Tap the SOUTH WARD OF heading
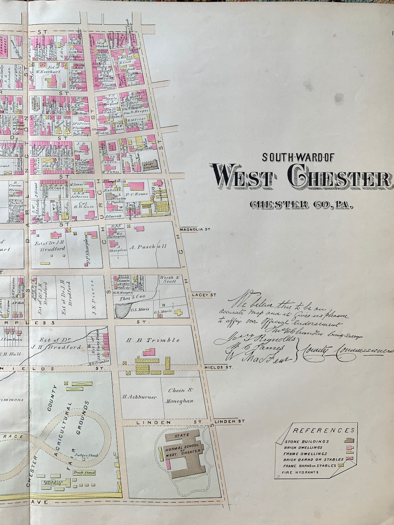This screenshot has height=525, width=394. pos(298,157)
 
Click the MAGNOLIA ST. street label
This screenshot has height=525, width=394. pos(195,229)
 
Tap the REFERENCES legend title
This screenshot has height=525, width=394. pos(323,430)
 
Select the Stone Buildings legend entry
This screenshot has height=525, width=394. pos(307,441)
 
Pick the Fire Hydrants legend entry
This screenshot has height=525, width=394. pos(300,472)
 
